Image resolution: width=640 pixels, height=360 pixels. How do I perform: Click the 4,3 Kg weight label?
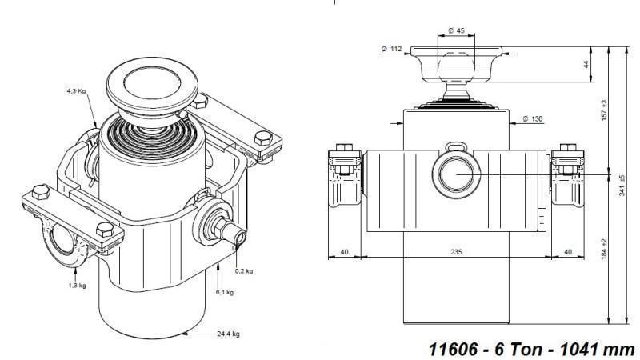tap(76, 92)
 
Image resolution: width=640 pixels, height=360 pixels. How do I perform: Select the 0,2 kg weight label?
tap(244, 271)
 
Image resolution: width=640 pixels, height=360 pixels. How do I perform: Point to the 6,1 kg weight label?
tap(225, 292)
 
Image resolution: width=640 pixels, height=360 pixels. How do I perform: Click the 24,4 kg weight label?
tap(229, 334)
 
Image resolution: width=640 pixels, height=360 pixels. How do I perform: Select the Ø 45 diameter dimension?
tap(456, 30)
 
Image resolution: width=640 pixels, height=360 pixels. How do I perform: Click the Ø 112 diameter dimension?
tap(391, 50)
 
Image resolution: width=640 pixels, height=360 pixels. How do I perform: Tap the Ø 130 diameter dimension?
tap(532, 119)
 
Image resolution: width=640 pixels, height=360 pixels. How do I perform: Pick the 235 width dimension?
tap(455, 251)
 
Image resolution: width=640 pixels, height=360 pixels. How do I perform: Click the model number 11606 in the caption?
tap(450, 350)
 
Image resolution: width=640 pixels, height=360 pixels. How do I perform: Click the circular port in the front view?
tap(454, 174)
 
